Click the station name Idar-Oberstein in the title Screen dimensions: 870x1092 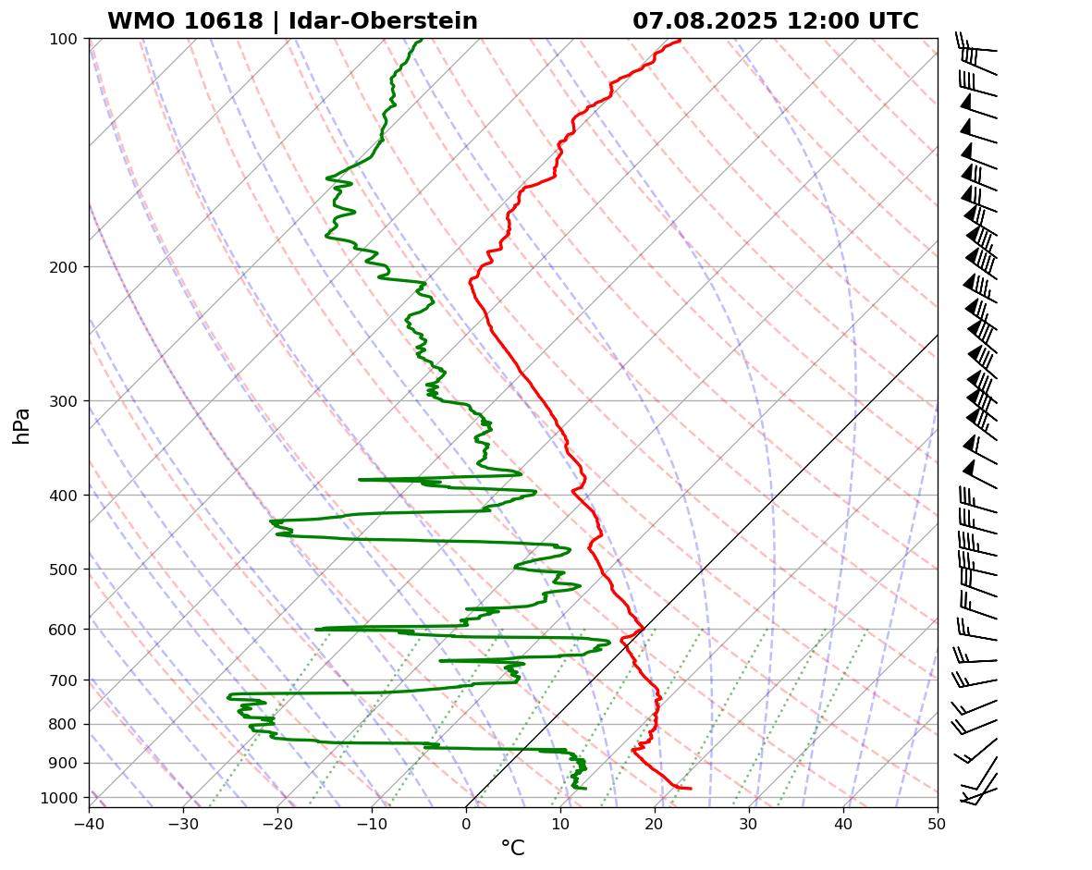383,21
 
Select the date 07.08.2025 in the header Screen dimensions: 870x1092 705,21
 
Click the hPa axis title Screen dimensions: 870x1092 21,425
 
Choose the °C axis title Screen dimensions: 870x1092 512,848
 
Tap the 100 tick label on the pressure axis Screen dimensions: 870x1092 65,39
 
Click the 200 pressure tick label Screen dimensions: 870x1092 65,267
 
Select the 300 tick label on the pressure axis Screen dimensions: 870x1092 65,400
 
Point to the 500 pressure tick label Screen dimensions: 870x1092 65,569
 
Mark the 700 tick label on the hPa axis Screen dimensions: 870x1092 65,680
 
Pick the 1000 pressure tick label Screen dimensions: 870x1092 61,797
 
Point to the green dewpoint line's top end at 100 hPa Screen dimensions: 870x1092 422,40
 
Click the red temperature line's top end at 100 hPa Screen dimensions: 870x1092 680,40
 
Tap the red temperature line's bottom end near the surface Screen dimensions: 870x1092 690,789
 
